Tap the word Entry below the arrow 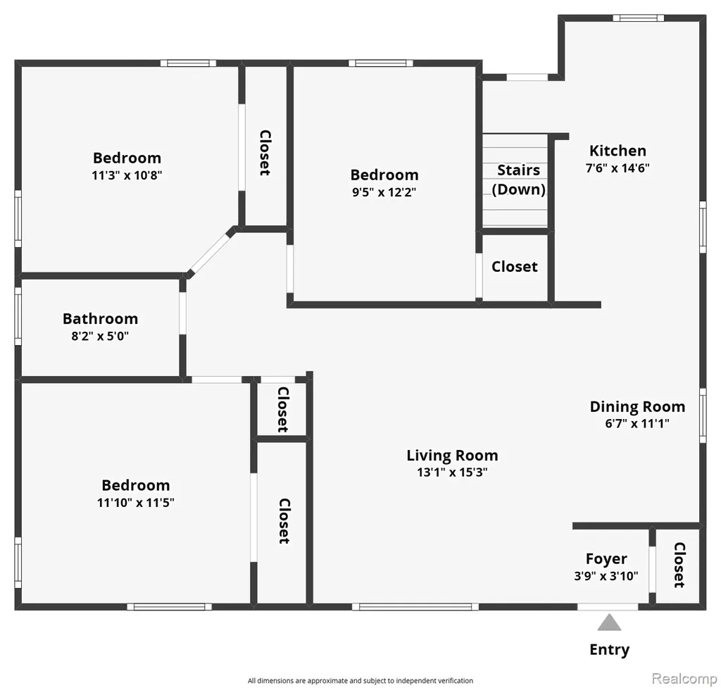(x=610, y=650)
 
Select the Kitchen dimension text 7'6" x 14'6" (x=617, y=168)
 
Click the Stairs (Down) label (x=519, y=180)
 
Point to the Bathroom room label (x=100, y=318)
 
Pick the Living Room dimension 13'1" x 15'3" (x=452, y=473)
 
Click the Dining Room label (x=637, y=406)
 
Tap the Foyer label (x=606, y=558)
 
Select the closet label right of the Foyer (x=679, y=565)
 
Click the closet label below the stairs (x=515, y=267)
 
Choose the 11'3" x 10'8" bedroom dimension (x=127, y=175)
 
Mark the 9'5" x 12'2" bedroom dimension (x=384, y=192)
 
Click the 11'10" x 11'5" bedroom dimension (x=136, y=503)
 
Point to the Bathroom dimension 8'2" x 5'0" (x=100, y=336)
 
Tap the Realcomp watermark (x=684, y=678)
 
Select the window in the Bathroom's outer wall (x=18, y=316)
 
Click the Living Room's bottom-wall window (x=415, y=606)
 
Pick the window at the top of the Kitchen (x=638, y=18)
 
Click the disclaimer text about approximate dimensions (x=360, y=681)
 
